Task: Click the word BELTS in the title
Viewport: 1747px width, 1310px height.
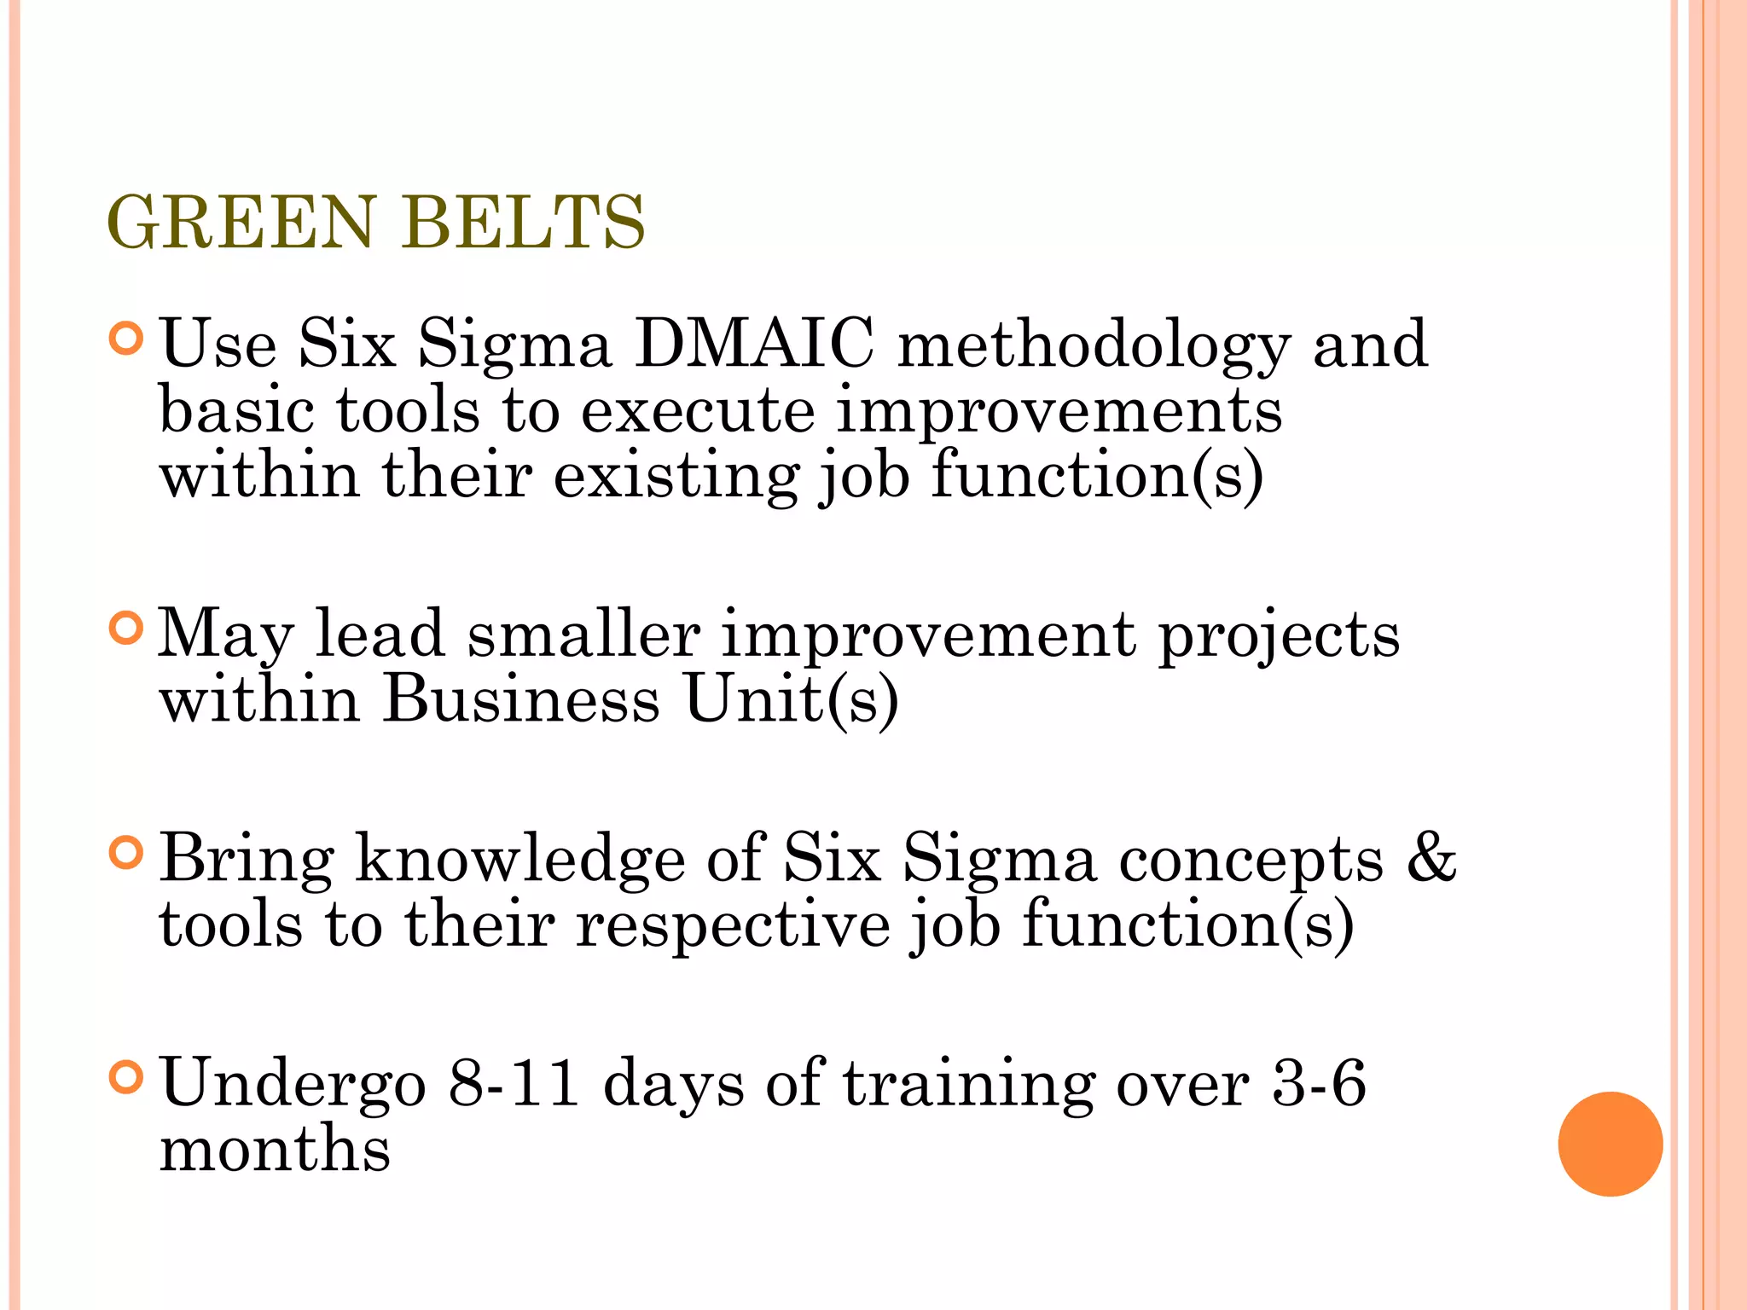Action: (x=524, y=223)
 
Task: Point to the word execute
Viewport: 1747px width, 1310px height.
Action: (x=698, y=412)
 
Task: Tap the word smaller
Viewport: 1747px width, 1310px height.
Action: (x=583, y=635)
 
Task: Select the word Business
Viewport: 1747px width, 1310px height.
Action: (x=520, y=700)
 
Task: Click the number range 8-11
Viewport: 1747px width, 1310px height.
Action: (x=514, y=1082)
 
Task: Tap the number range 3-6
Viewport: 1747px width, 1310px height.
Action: (x=1319, y=1082)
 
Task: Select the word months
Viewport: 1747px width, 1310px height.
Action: (x=275, y=1149)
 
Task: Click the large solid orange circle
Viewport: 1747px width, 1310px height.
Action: (x=1610, y=1144)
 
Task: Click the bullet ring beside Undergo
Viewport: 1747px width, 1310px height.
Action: (x=126, y=1077)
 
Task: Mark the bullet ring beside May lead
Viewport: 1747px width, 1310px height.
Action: (x=126, y=629)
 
